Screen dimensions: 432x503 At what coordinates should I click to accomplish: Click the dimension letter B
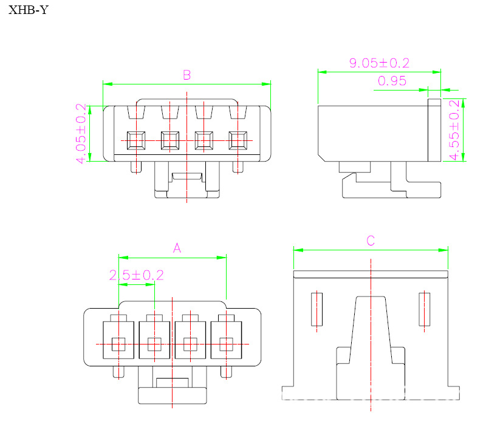click(187, 75)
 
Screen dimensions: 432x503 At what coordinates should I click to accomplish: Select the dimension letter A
click(177, 248)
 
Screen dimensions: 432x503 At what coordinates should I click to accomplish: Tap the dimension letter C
click(371, 241)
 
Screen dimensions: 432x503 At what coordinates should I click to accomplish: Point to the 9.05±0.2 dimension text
click(379, 63)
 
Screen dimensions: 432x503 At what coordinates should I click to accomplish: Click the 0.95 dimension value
click(392, 81)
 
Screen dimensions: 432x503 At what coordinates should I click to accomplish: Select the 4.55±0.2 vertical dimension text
click(454, 130)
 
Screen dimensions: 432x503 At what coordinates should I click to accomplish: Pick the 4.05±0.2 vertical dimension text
click(81, 134)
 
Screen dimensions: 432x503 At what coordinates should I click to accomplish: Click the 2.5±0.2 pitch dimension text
click(137, 275)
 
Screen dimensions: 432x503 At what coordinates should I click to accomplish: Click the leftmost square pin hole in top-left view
click(135, 141)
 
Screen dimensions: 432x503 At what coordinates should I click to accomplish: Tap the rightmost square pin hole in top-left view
click(237, 141)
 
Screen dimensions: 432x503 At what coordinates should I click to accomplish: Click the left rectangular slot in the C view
click(317, 309)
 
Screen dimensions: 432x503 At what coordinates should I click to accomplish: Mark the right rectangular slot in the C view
click(425, 309)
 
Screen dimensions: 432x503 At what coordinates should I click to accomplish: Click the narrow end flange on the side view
click(434, 131)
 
